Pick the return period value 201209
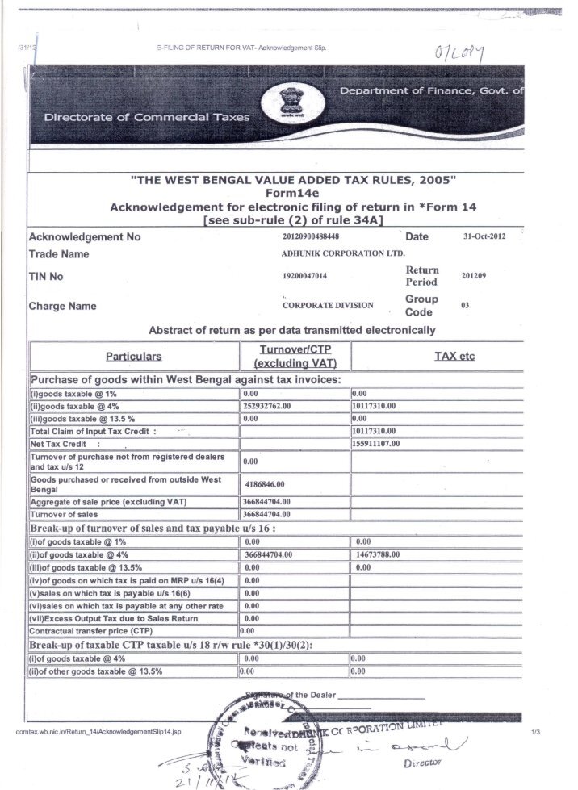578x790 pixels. [473, 275]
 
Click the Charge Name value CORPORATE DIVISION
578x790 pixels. [328, 306]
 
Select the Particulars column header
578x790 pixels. [134, 356]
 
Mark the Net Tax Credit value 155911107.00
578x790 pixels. [381, 443]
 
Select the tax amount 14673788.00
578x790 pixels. [383, 555]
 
